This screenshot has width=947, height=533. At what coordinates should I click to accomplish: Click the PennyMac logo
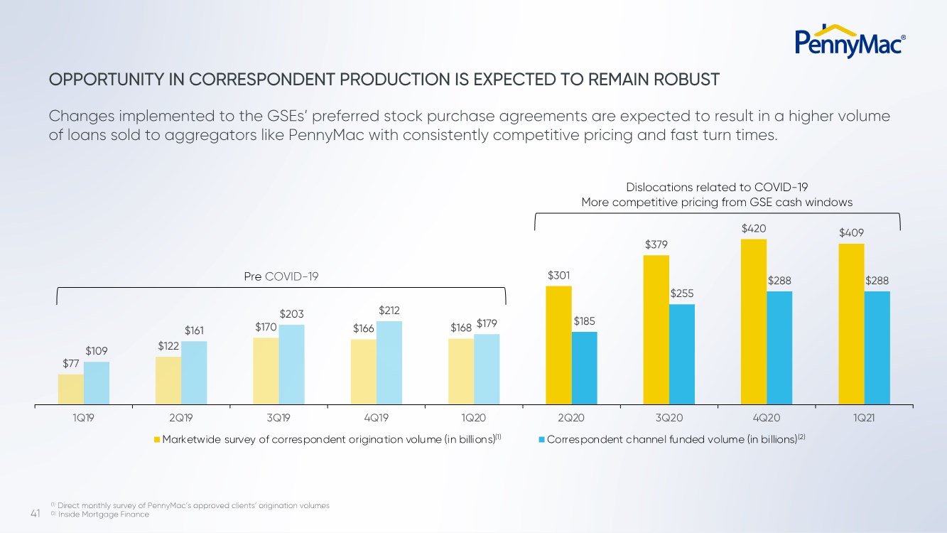point(849,41)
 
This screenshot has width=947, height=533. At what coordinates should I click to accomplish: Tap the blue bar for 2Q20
point(585,368)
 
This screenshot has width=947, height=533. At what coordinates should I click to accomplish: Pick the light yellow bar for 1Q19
point(71,389)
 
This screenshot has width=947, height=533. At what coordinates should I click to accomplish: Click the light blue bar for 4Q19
point(389,362)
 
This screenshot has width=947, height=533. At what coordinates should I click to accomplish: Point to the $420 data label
point(754,229)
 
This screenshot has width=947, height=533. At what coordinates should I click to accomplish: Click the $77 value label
point(71,364)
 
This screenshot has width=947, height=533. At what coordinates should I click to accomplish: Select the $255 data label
point(682,294)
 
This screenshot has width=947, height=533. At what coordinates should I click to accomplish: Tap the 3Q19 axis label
point(278,418)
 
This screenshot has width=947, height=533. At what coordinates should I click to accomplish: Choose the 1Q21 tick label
point(864,418)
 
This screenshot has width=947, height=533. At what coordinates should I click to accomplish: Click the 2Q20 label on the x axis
point(571,418)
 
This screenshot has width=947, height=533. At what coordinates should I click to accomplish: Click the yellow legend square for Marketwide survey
point(158,439)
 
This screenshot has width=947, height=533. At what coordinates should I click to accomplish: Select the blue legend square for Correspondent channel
point(542,439)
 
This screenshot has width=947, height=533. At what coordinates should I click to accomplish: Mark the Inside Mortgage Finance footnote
point(103,515)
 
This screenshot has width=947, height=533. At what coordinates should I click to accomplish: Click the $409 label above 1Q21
point(851,232)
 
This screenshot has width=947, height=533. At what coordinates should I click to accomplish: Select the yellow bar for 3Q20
point(656,330)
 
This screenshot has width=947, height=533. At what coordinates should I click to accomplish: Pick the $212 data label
point(390,311)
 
